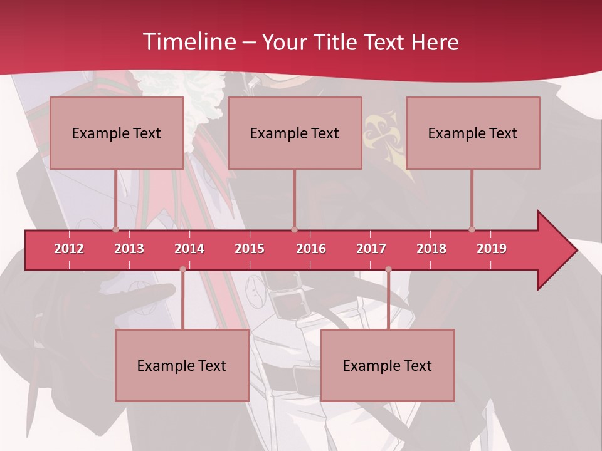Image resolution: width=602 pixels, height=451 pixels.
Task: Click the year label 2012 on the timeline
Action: click(x=69, y=249)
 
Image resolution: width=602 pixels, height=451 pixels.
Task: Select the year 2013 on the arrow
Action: click(x=129, y=249)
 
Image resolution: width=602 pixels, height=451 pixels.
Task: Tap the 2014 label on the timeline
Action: click(x=189, y=249)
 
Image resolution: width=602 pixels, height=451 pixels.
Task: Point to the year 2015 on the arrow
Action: click(x=250, y=249)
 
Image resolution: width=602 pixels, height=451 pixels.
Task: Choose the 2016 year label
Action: click(x=311, y=249)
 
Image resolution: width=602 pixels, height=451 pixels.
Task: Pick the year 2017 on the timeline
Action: click(x=371, y=249)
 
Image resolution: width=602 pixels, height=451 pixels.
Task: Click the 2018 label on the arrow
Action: click(x=431, y=249)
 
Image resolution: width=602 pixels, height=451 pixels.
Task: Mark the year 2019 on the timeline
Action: click(x=492, y=249)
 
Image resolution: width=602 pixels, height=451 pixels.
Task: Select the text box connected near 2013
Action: click(x=117, y=133)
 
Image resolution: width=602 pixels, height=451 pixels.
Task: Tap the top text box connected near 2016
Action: click(x=295, y=133)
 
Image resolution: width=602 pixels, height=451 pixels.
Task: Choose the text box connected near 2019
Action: click(x=473, y=133)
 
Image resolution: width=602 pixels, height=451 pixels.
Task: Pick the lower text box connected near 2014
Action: click(x=182, y=365)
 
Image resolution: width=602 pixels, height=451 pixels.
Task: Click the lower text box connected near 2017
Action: click(x=388, y=365)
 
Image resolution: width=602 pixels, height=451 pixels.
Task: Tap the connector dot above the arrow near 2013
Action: click(x=115, y=229)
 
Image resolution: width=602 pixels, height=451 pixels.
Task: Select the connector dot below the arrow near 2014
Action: click(x=182, y=269)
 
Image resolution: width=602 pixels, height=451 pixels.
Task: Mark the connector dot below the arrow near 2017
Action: click(x=388, y=269)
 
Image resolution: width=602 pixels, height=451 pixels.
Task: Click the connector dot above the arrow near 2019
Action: click(x=472, y=229)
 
